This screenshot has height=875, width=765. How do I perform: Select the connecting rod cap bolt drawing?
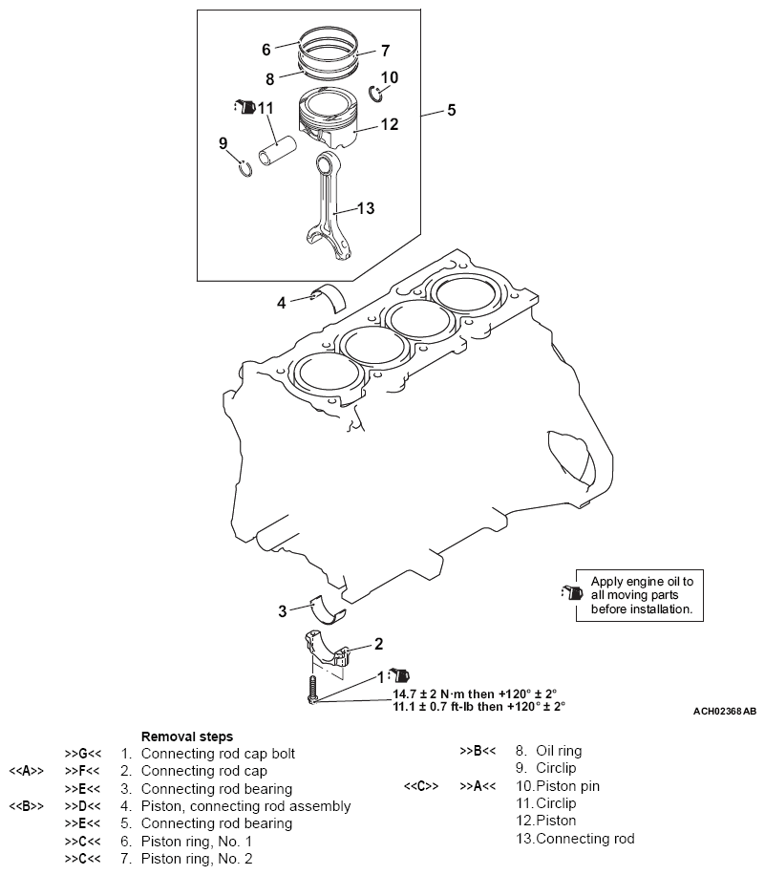point(312,690)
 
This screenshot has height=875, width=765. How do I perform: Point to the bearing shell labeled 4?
point(329,295)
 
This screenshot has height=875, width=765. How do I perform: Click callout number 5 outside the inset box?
point(451,111)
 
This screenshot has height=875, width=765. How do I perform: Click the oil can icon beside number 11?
point(245,105)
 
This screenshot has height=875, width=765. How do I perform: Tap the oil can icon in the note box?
point(572,593)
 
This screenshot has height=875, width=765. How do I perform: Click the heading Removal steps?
point(186,736)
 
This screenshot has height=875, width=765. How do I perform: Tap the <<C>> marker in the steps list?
point(420,786)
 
